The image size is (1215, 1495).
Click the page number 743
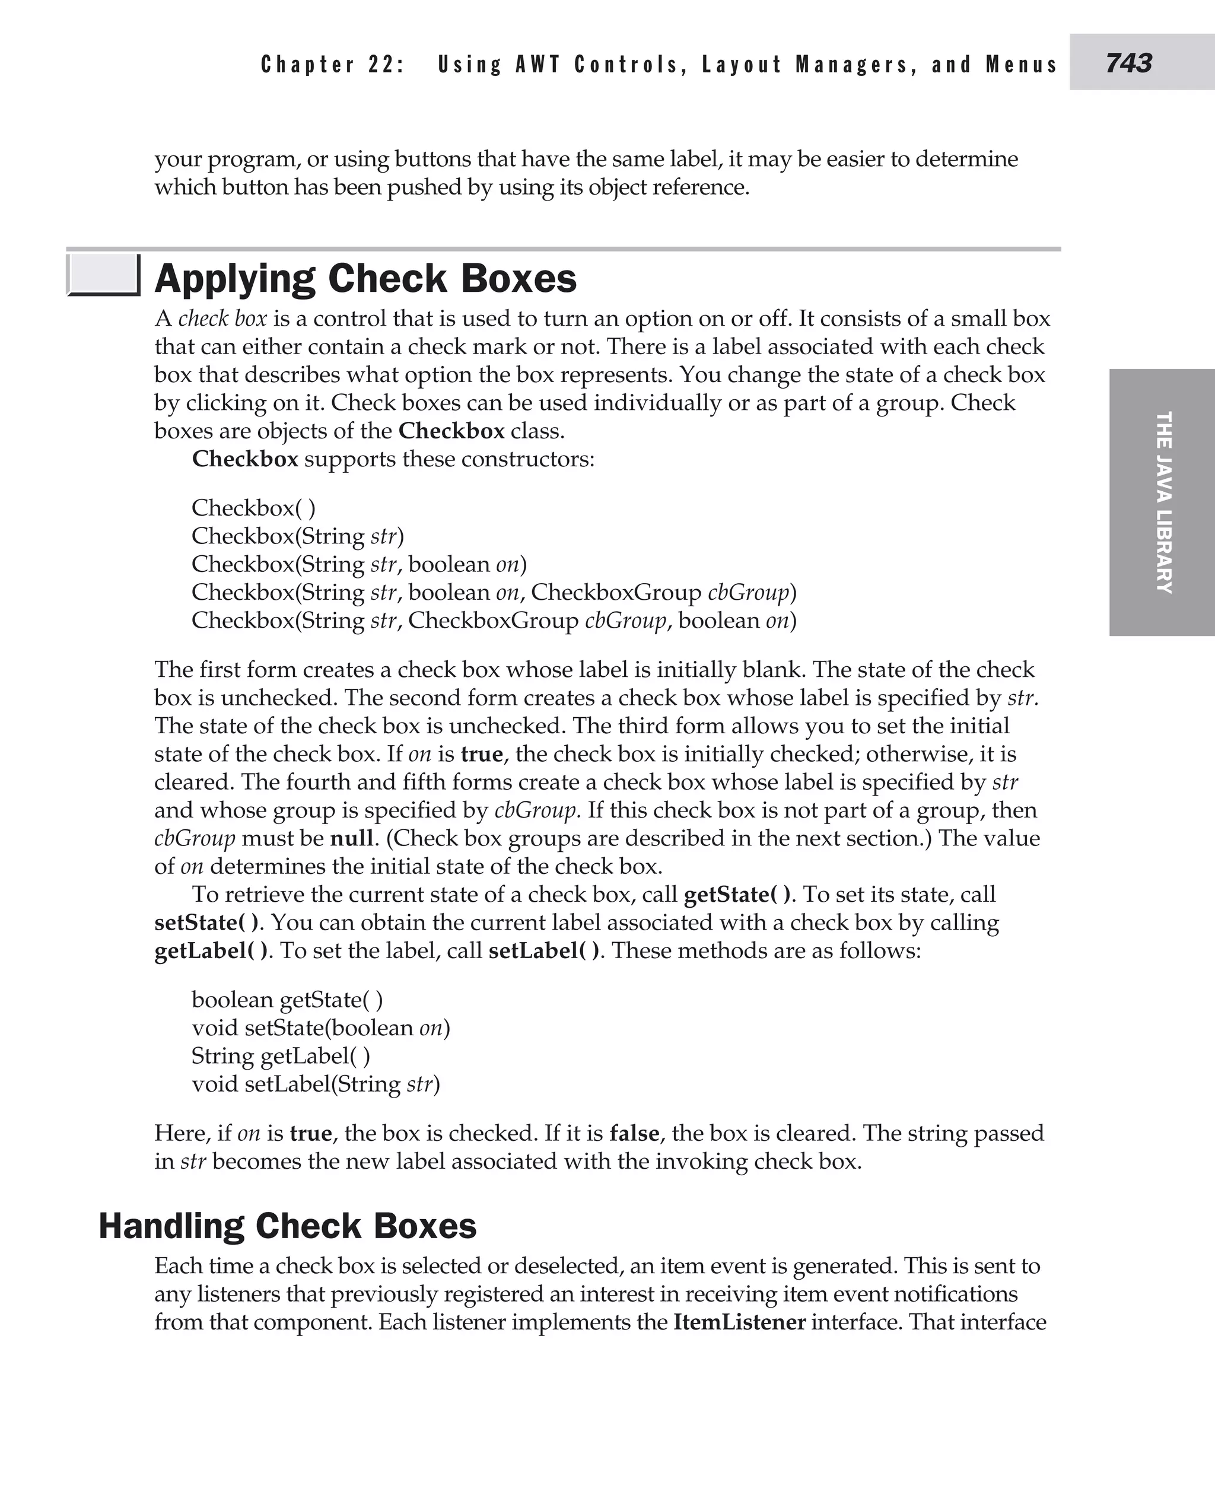[1128, 63]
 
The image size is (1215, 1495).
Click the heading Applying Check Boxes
[365, 279]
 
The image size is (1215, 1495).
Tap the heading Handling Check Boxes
[287, 1226]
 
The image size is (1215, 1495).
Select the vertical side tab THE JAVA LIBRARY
[1163, 502]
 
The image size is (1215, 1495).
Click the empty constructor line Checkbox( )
[253, 507]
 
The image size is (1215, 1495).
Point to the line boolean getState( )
[287, 1000]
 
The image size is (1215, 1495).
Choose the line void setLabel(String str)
[316, 1083]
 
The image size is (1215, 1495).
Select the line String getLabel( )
[281, 1055]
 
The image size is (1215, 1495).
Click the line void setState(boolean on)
[320, 1028]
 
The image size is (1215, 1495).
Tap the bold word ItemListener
[739, 1322]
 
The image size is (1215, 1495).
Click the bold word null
[351, 838]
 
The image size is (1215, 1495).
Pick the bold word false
[634, 1133]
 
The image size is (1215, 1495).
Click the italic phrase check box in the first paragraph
[222, 319]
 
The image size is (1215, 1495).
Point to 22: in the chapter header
[386, 65]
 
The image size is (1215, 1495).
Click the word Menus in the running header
[1021, 65]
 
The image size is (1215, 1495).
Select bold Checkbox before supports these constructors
[245, 459]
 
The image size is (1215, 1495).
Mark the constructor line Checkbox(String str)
[297, 536]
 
